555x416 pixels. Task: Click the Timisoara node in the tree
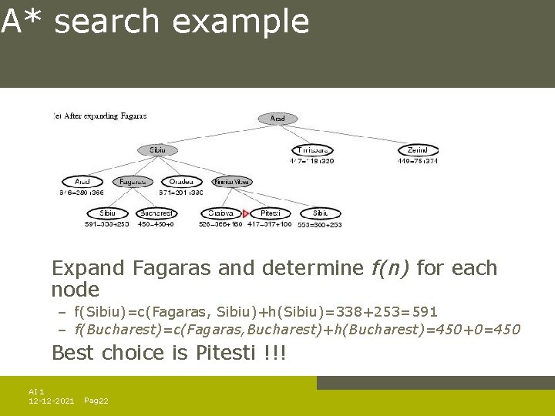coord(313,150)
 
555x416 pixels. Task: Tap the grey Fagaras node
coord(132,182)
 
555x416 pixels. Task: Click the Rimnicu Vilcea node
coord(231,182)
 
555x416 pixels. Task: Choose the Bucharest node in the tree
coord(157,213)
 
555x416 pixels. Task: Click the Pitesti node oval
coord(270,213)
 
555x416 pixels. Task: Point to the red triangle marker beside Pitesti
coord(246,213)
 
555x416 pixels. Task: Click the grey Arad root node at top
coord(277,119)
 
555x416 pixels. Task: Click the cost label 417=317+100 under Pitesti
coord(269,224)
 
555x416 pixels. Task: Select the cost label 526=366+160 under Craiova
coord(220,224)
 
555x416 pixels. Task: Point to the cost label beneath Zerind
coord(418,161)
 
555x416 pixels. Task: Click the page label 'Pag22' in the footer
coord(96,401)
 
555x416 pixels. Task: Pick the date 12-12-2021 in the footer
coord(51,401)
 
